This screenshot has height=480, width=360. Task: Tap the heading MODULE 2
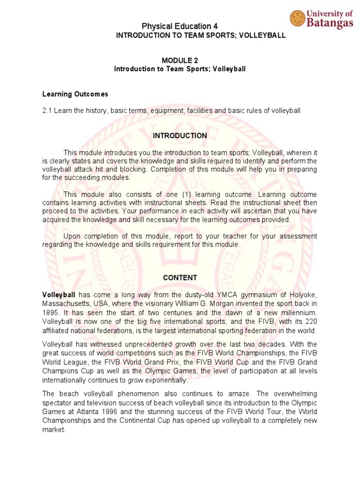pyautogui.click(x=180, y=60)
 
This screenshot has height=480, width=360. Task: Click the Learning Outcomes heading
pyautogui.click(x=75, y=94)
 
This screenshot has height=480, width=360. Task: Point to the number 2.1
pyautogui.click(x=48, y=111)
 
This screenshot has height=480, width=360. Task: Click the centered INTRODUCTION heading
pyautogui.click(x=180, y=135)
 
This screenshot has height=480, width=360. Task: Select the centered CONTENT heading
pyautogui.click(x=180, y=277)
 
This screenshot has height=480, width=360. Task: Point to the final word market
pyautogui.click(x=53, y=429)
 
